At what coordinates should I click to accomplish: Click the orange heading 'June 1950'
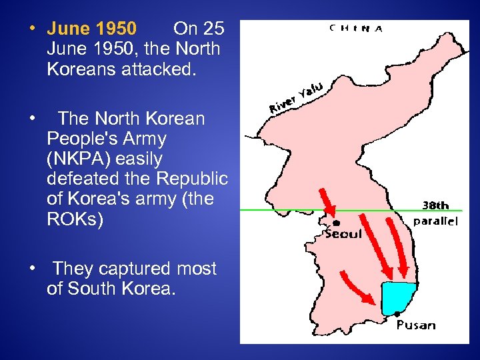point(92,29)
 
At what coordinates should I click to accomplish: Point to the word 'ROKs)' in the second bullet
point(75,219)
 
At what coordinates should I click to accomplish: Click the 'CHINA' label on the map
point(356,29)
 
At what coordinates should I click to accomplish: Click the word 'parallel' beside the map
point(436,221)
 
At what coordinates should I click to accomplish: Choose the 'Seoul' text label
point(343,234)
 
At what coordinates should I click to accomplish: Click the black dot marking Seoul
point(337,223)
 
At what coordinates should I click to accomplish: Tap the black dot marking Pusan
point(397,314)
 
